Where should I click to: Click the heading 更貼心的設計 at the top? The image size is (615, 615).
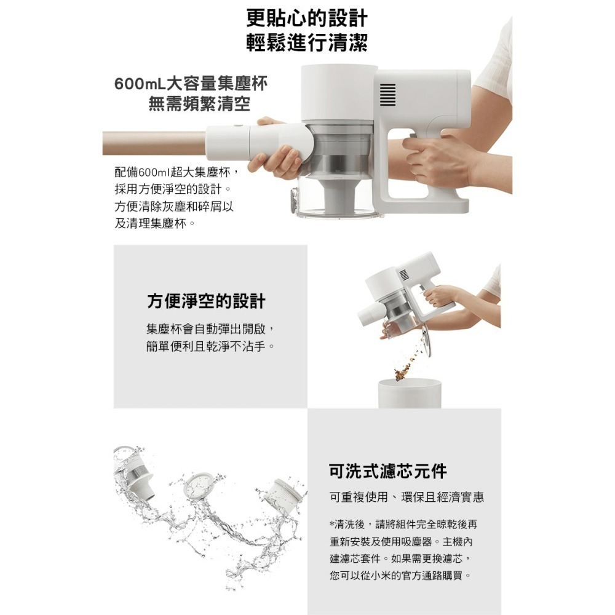click(x=307, y=18)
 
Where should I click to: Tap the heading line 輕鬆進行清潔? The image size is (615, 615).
click(x=307, y=42)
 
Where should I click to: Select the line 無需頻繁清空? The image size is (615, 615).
click(x=199, y=105)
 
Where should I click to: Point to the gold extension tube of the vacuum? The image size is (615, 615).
click(x=154, y=143)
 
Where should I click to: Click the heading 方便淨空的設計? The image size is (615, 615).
click(x=206, y=301)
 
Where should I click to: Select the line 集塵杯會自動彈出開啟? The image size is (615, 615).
click(x=212, y=328)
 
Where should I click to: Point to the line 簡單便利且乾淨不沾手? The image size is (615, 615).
click(x=210, y=346)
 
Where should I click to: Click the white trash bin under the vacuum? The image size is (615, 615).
click(x=410, y=393)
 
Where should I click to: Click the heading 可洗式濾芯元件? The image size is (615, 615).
click(x=388, y=470)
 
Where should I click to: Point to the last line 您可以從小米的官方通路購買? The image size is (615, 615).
click(x=400, y=576)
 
